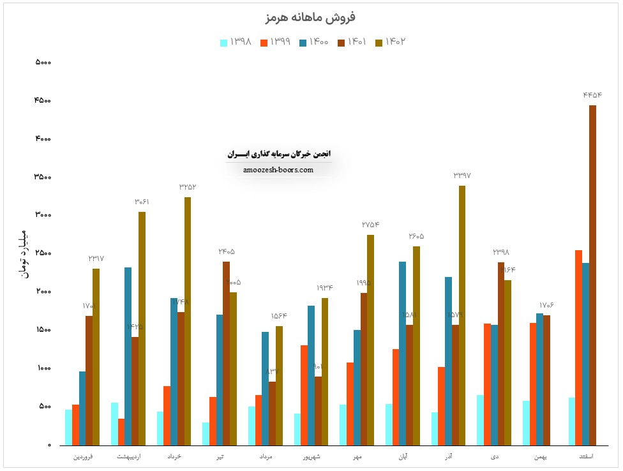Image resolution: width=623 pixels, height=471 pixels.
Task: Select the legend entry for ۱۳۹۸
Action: pos(236,42)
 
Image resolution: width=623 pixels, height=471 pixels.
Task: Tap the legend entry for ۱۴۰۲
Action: pos(391,42)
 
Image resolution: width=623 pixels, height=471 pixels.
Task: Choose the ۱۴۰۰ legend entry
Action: pos(313,42)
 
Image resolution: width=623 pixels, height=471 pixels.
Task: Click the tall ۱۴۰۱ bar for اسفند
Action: pos(592,274)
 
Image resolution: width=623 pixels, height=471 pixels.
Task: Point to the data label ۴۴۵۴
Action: pos(592,95)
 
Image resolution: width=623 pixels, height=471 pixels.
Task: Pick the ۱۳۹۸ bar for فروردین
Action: pos(68,427)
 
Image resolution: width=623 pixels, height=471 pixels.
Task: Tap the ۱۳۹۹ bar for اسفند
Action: pos(578,347)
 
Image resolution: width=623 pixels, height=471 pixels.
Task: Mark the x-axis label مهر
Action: pos(357,457)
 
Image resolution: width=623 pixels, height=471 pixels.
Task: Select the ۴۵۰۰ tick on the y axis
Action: pos(43,101)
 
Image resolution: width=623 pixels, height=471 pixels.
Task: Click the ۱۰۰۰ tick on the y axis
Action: pos(43,369)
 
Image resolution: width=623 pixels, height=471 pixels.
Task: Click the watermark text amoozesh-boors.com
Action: pos(278,170)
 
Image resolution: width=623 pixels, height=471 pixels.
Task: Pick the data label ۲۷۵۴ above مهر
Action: pos(370,225)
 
